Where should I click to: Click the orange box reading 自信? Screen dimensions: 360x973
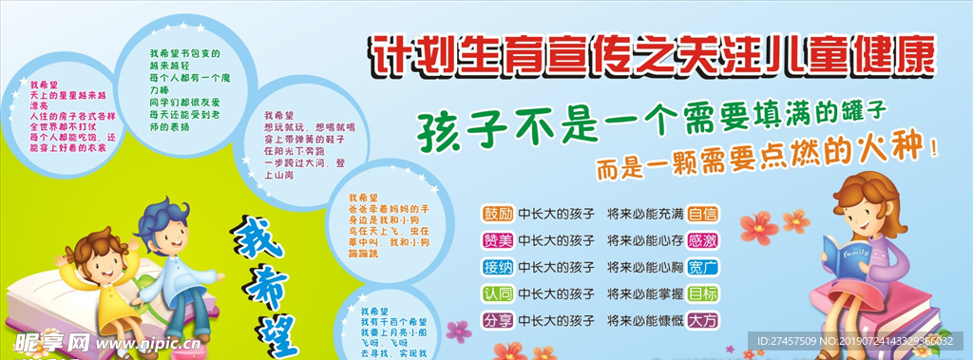703,213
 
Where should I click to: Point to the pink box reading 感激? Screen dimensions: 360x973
703,239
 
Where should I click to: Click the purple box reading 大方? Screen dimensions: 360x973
703,320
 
